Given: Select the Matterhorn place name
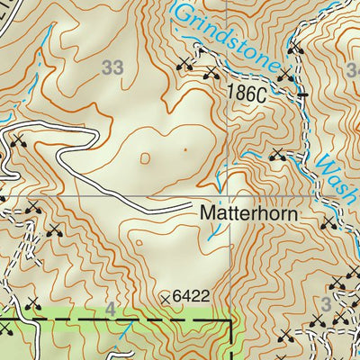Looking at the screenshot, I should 247,216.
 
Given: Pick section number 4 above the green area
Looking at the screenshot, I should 111,309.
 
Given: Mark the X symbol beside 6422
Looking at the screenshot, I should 165,296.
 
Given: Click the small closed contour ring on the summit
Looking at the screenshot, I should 146,158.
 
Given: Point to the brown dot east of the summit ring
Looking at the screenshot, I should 184,149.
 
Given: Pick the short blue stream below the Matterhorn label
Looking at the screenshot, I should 214,232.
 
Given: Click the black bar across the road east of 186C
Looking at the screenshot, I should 302,93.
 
